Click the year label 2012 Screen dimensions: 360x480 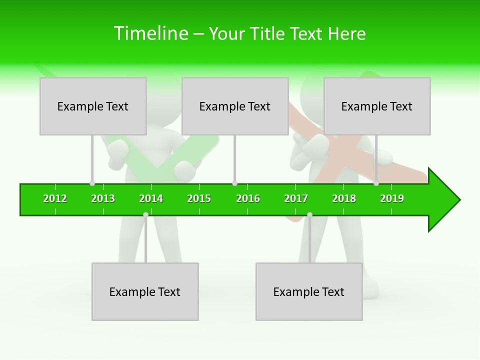click(x=55, y=198)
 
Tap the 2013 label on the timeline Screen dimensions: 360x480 click(x=103, y=198)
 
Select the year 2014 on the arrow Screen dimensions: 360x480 click(x=151, y=198)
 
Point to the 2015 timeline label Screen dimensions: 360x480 click(x=199, y=198)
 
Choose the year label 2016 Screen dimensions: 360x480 click(x=248, y=198)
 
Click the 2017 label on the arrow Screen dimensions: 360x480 click(x=296, y=198)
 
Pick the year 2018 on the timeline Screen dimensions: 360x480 click(x=344, y=198)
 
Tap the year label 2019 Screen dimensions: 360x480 click(x=392, y=198)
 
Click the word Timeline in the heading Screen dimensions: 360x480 click(x=151, y=33)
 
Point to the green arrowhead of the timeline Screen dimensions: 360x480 click(x=443, y=200)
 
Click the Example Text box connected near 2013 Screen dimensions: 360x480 click(x=93, y=106)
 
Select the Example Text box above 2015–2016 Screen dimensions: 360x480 click(x=235, y=106)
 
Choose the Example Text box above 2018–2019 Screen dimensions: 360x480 click(x=377, y=106)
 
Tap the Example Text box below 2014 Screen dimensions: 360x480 click(x=145, y=291)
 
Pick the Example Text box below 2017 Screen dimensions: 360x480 click(x=309, y=291)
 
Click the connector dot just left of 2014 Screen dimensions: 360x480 click(x=145, y=214)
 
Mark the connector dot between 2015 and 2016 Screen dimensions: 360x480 click(x=234, y=183)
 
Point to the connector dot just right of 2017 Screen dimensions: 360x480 click(x=309, y=214)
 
